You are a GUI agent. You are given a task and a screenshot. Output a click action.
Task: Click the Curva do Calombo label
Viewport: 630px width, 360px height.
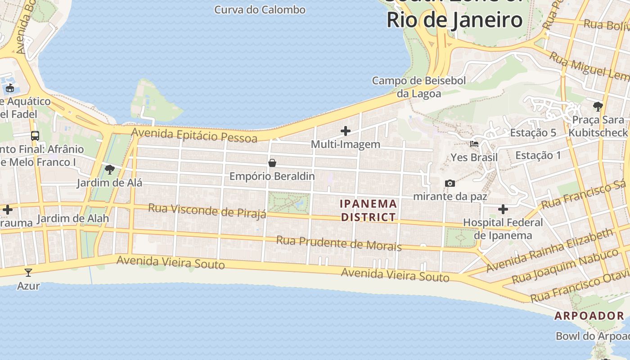260,9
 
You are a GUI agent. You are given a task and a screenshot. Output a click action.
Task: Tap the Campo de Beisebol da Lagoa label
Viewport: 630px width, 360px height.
418,87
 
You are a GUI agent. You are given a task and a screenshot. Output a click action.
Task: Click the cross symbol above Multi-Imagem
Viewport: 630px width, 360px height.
346,131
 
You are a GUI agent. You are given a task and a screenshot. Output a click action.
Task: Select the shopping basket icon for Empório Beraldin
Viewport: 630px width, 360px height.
272,163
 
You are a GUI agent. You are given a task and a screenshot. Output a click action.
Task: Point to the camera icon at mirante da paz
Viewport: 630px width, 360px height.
450,183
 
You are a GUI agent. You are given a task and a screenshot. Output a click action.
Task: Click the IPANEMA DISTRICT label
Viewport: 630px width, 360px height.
369,211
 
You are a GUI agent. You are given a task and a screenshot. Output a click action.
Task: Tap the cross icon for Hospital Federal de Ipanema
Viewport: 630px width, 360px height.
503,209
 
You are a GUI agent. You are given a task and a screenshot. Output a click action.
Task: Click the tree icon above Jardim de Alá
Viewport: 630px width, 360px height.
109,170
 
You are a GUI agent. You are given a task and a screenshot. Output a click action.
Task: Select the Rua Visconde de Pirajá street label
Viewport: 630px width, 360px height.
207,211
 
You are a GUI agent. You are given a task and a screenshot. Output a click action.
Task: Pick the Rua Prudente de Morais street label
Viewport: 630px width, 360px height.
338,243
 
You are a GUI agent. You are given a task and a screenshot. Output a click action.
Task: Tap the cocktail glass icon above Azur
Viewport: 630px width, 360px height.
28,272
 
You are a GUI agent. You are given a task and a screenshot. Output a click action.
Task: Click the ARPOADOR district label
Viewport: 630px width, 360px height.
589,316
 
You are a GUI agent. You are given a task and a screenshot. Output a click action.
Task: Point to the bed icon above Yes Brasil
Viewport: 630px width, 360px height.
474,144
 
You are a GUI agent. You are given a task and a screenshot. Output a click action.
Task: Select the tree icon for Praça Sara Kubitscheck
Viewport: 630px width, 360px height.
598,107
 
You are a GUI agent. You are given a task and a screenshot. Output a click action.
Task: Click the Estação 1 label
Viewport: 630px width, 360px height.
538,156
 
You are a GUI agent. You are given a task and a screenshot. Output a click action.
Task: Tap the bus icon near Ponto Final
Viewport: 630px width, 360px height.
35,135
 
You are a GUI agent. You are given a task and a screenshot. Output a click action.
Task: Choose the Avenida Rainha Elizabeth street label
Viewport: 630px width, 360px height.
549,250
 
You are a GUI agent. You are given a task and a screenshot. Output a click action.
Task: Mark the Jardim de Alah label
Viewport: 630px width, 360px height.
73,219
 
